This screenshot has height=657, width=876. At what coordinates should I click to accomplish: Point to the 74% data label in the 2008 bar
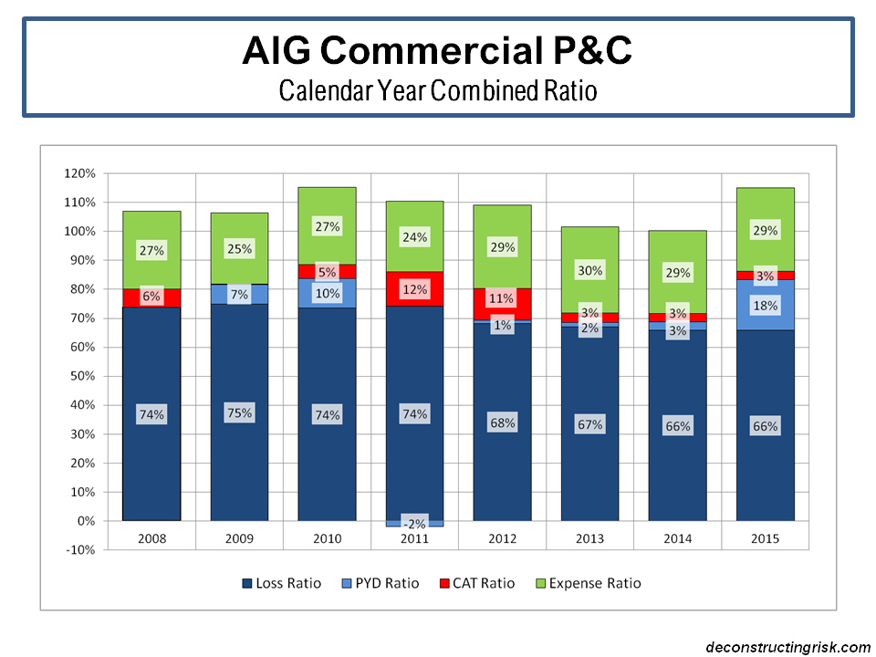[x=151, y=414]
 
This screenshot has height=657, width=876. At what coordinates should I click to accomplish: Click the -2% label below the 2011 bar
[x=414, y=524]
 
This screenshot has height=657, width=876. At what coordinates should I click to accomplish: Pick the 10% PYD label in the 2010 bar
[x=327, y=293]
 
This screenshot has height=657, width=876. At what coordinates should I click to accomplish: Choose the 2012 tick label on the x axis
[x=502, y=538]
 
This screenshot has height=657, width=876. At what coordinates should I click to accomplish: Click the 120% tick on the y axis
[x=80, y=173]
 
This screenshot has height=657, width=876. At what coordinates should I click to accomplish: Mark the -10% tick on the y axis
[x=80, y=550]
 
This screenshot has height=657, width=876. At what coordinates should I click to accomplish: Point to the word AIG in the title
[x=271, y=50]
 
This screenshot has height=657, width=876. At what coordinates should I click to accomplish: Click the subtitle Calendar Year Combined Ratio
[x=438, y=91]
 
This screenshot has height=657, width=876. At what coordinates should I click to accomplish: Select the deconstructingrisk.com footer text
[x=787, y=646]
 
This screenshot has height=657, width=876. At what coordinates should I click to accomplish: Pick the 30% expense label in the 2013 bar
[x=589, y=270]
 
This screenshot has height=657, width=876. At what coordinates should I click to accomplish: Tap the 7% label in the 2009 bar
[x=239, y=295]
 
